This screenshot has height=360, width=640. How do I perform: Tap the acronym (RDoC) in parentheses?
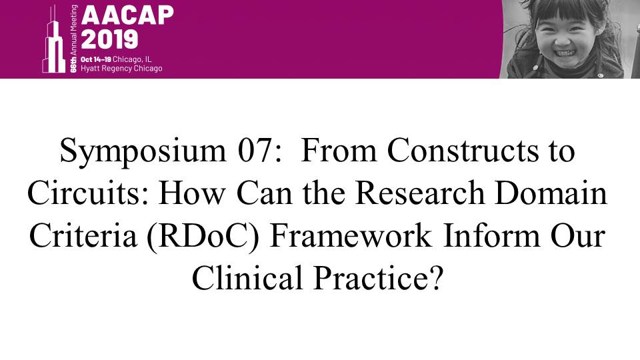203,237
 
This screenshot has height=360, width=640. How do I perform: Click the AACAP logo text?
127,16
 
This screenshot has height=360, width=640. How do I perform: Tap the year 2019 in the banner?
109,39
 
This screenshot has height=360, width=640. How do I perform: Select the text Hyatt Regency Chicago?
121,68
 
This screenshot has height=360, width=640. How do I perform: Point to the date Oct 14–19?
95,59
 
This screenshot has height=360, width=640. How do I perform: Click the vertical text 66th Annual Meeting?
73,39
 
